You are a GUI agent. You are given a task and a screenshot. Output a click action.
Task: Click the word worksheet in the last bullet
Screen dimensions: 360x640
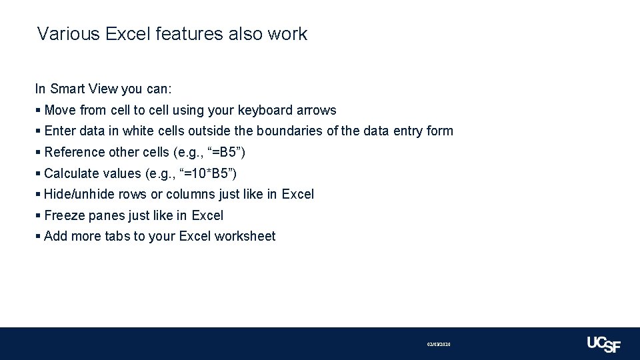(x=245, y=236)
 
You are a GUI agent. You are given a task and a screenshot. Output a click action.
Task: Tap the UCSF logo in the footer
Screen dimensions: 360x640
(x=603, y=344)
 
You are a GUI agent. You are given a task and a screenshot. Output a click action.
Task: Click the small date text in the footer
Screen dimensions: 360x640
(x=439, y=344)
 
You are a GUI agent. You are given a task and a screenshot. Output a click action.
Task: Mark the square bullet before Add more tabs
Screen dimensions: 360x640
(x=38, y=236)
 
